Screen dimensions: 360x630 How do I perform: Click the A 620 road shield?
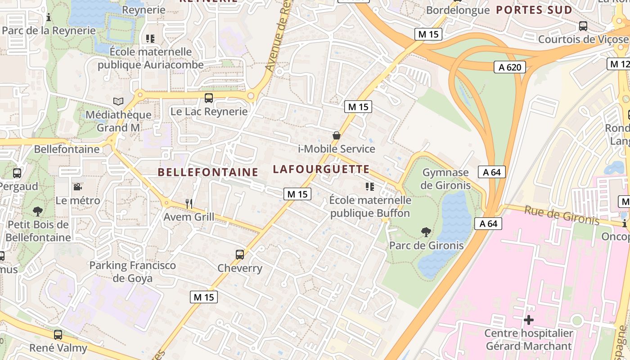click(510, 67)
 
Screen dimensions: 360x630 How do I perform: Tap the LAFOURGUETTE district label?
click(321, 169)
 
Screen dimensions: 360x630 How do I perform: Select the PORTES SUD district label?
click(534, 10)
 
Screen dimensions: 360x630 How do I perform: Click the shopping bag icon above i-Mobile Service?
click(336, 135)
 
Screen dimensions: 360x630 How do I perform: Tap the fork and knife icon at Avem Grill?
click(189, 204)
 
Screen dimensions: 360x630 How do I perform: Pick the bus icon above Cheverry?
click(240, 255)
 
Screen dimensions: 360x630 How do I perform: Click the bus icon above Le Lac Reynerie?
click(209, 98)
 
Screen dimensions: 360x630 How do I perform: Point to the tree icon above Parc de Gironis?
click(426, 232)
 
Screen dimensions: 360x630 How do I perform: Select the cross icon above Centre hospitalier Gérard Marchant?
click(529, 320)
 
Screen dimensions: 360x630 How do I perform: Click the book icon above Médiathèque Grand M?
click(118, 102)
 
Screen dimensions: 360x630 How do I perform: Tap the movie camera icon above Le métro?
click(78, 187)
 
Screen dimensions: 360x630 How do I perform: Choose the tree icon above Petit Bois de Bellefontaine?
click(38, 211)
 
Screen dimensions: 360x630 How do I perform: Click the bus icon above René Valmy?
click(58, 335)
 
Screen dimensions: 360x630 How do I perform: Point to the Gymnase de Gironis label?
click(445, 179)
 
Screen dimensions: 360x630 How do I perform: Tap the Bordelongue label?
click(457, 10)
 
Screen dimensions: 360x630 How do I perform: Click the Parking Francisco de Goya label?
click(132, 272)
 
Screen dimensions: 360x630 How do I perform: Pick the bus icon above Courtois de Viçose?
click(583, 26)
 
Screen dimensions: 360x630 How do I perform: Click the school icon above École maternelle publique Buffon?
click(370, 187)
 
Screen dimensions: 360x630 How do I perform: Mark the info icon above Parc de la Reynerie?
click(49, 18)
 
